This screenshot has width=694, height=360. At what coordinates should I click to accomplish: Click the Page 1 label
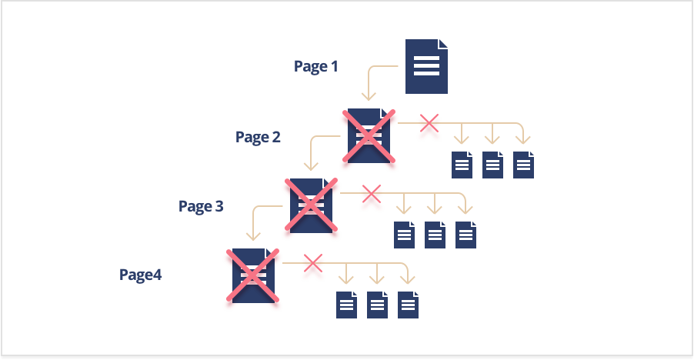(x=315, y=66)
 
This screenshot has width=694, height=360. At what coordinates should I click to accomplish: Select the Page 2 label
(x=258, y=137)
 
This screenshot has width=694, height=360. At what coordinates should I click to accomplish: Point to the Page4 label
(x=140, y=274)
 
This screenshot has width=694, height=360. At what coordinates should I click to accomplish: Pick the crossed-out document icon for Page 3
(x=312, y=205)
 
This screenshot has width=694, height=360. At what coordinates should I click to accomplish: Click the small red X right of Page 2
(x=429, y=122)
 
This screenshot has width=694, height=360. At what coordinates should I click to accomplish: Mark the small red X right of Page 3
(x=371, y=192)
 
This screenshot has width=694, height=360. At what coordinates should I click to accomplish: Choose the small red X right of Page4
(x=312, y=263)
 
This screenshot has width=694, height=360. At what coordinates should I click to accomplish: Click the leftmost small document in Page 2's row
(x=462, y=165)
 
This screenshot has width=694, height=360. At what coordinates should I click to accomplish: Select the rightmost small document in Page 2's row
(x=523, y=165)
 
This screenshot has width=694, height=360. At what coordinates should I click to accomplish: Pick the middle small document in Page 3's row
(x=435, y=235)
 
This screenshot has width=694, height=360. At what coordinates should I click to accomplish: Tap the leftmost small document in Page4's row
(x=346, y=305)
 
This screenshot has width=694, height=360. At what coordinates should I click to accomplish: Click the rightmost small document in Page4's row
(x=408, y=305)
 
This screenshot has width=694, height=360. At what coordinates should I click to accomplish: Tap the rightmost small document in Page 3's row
(x=465, y=235)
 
